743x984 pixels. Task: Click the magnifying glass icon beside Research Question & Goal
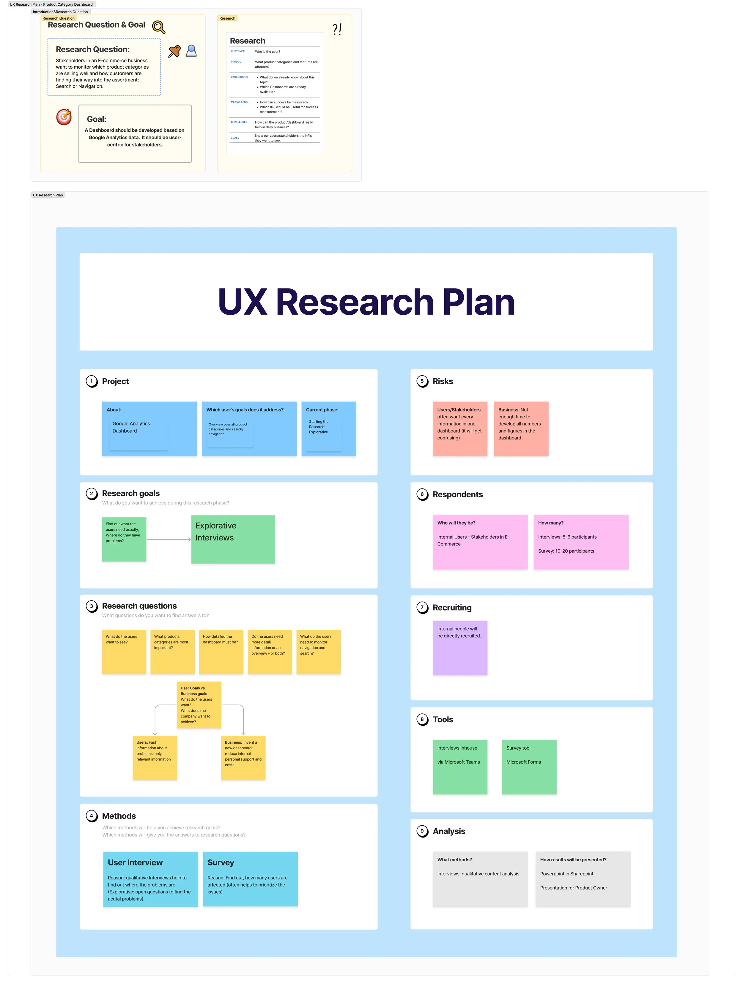coord(158,27)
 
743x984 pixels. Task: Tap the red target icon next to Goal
coord(64,117)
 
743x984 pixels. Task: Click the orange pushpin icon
coord(174,52)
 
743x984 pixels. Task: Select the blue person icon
coord(191,51)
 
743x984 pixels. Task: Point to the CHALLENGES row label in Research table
coord(239,122)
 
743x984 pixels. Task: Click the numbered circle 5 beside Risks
coord(422,381)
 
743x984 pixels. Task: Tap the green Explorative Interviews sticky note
coord(233,539)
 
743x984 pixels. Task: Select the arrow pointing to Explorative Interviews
coord(169,539)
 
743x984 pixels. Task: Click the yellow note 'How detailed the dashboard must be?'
coord(221,652)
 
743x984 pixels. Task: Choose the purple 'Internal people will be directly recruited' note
coord(459,648)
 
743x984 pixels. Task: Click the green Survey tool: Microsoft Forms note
coord(528,767)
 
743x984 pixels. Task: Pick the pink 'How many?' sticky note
coord(581,542)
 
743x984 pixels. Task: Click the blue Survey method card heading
coord(221,862)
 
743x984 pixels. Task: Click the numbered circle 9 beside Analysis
coord(422,831)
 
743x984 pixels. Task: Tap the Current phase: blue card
coord(328,428)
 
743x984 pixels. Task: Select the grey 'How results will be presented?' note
coord(583,879)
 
